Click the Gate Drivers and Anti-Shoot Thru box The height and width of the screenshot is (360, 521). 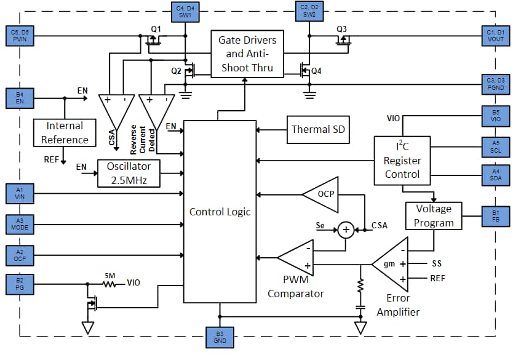tap(247, 54)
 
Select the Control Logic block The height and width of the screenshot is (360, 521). tap(220, 211)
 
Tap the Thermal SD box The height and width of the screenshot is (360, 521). tap(318, 129)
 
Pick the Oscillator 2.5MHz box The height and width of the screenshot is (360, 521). tap(129, 174)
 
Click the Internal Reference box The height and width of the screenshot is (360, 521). tap(65, 132)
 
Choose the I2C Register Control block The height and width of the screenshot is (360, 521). tap(402, 161)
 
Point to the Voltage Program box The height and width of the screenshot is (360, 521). tap(433, 215)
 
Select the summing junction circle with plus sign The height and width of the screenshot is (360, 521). tap(346, 230)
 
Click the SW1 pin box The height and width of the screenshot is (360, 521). tap(185, 11)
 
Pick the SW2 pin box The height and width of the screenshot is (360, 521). tap(309, 11)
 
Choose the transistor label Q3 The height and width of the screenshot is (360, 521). tap(342, 29)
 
